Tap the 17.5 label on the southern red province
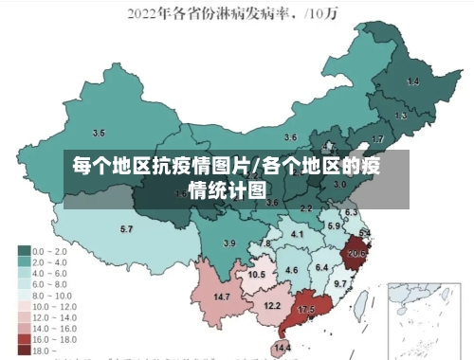point(305,310)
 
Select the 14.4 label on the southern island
point(282,348)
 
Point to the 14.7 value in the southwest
point(222,297)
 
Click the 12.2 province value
point(272,305)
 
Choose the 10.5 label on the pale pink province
point(256,274)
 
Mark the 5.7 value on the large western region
point(126,228)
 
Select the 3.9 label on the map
point(228,243)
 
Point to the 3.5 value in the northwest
point(99,132)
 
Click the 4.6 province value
point(292,271)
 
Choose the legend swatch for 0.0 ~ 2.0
point(24,250)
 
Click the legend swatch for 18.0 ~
point(24,350)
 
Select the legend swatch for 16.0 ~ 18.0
point(24,338)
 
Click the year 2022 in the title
point(146,13)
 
